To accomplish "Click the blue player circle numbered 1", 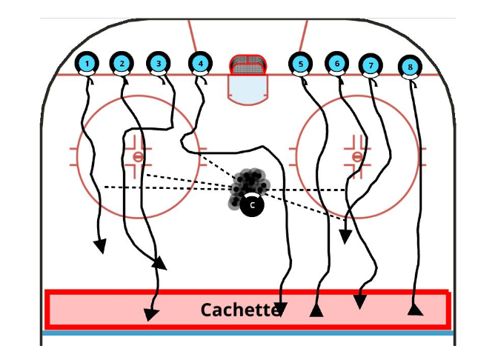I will pyautogui.click(x=87, y=64).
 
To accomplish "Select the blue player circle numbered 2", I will pyautogui.click(x=122, y=64).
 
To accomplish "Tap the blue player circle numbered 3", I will pyautogui.click(x=158, y=64).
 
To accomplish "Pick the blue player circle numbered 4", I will pyautogui.click(x=200, y=64).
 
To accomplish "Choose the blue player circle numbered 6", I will pyautogui.click(x=336, y=64).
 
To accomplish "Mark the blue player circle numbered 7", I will pyautogui.click(x=371, y=66).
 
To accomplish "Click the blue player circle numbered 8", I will pyautogui.click(x=410, y=67).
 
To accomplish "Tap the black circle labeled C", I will pyautogui.click(x=252, y=205).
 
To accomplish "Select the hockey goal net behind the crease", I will pyautogui.click(x=248, y=64).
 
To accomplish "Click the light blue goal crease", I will pyautogui.click(x=247, y=87).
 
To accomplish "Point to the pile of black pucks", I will pyautogui.click(x=249, y=184).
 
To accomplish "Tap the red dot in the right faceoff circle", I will pyautogui.click(x=357, y=156).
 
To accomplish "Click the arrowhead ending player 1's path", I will pyautogui.click(x=99, y=246).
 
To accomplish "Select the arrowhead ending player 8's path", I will pyautogui.click(x=415, y=308).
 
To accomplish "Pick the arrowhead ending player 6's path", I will pyautogui.click(x=345, y=236).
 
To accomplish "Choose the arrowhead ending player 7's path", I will pyautogui.click(x=359, y=301).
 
